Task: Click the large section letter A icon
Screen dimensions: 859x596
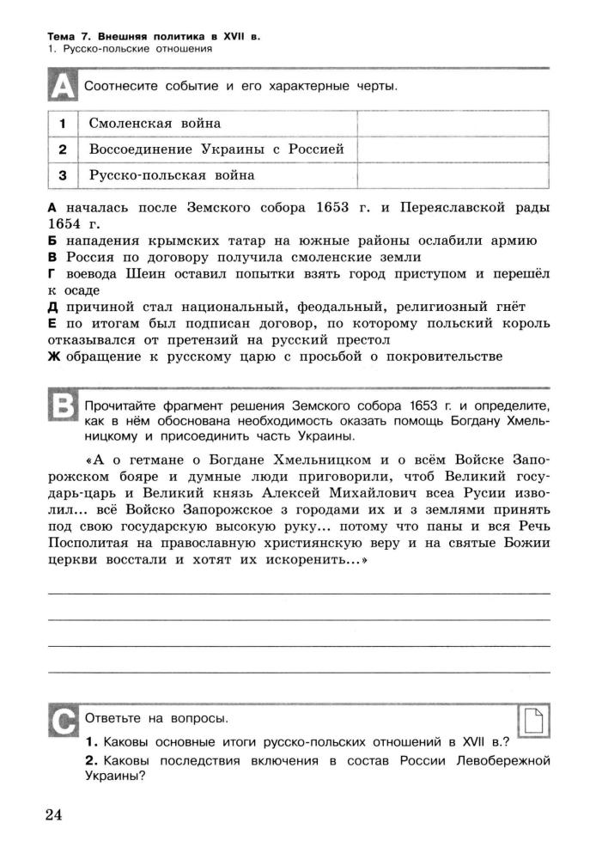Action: coord(63,87)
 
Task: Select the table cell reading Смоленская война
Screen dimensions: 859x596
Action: coord(155,124)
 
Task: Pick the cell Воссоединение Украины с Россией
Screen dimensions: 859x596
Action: coord(216,149)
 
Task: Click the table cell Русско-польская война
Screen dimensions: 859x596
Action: coord(172,175)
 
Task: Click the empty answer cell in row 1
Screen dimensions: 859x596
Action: coord(452,124)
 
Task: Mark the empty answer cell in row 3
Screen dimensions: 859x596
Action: coord(452,175)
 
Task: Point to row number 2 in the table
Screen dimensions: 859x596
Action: coord(63,149)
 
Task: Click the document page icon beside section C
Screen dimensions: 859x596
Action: coord(535,722)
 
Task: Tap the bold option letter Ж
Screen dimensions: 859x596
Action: coord(52,356)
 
